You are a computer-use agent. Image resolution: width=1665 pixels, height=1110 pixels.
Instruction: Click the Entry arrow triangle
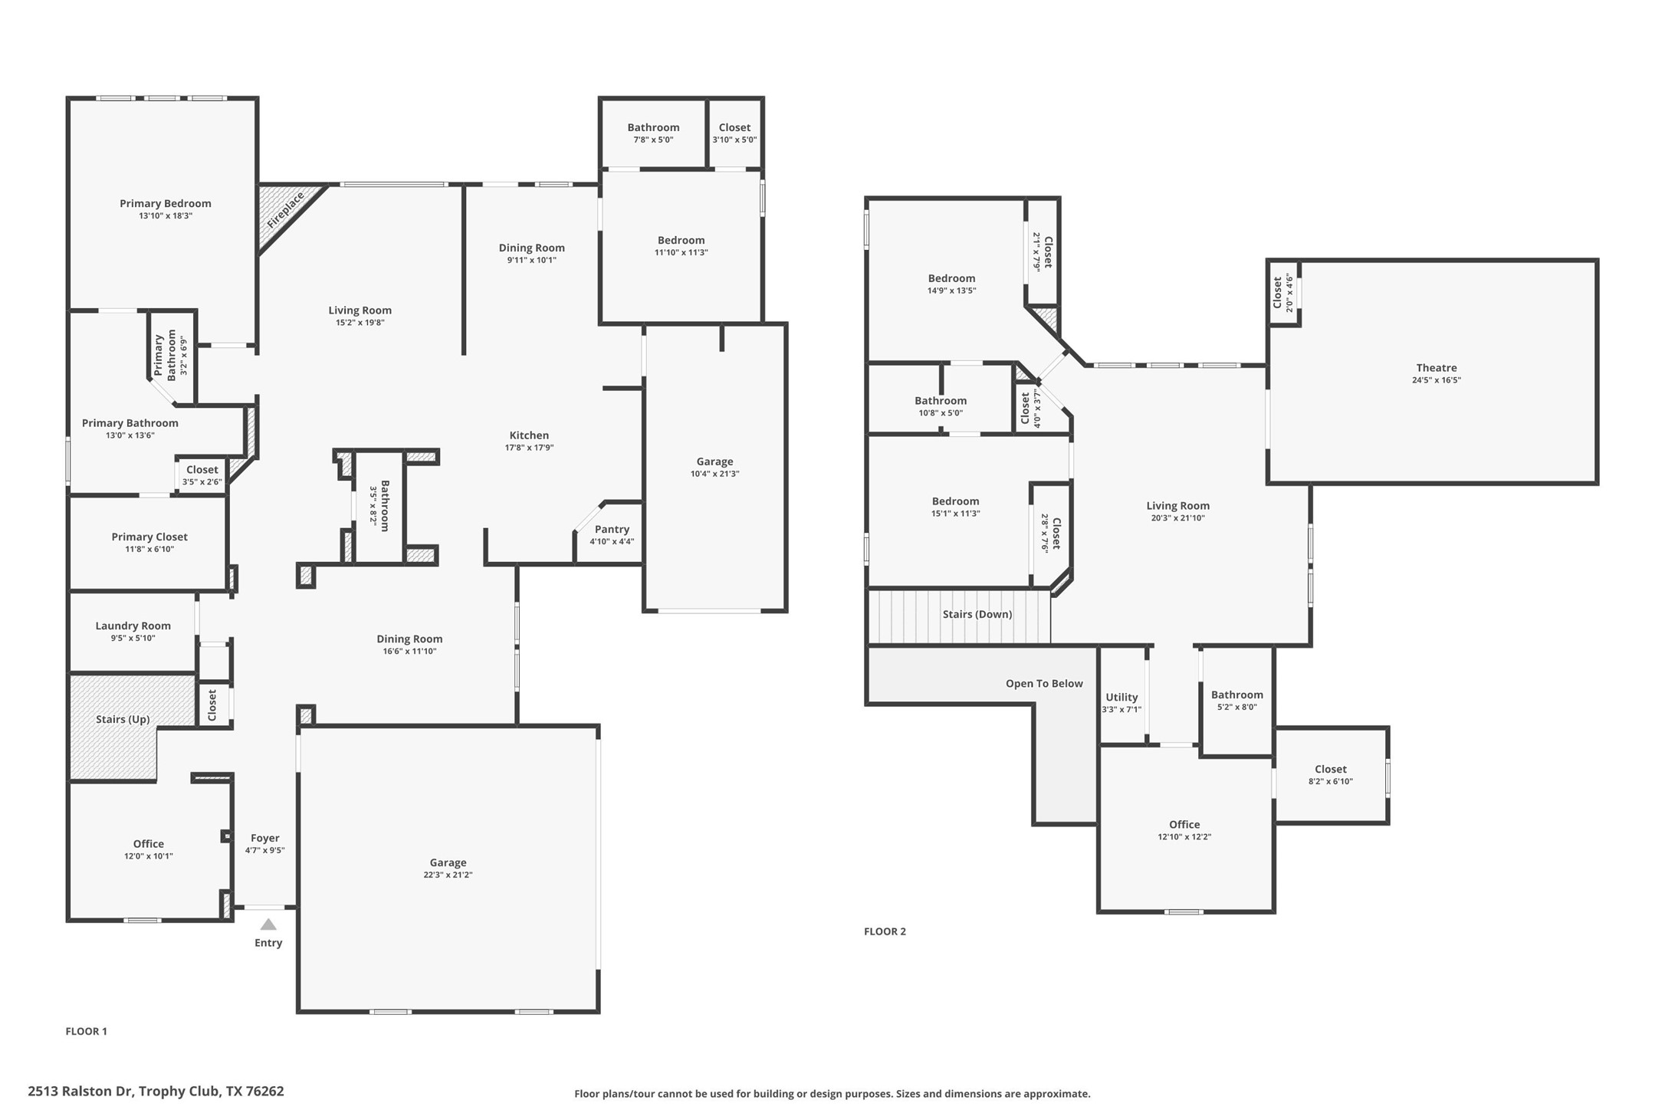[268, 924]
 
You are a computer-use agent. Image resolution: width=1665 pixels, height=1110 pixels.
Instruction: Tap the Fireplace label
[286, 210]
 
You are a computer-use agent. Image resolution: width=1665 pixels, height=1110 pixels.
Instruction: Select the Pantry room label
[612, 529]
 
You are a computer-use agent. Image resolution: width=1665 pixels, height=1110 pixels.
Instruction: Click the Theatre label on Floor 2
[1436, 368]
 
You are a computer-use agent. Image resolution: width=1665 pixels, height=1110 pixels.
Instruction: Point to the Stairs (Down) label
[977, 614]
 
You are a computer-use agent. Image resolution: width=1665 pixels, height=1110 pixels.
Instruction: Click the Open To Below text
[1044, 684]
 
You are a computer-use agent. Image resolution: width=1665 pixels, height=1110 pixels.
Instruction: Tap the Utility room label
[1121, 697]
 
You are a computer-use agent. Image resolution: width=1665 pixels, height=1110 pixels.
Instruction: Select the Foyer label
[265, 838]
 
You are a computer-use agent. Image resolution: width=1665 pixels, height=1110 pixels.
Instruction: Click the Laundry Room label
[133, 626]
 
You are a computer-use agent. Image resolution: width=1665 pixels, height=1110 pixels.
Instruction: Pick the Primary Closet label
[149, 537]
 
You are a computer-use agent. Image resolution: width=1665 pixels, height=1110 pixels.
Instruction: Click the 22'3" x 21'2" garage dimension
[448, 875]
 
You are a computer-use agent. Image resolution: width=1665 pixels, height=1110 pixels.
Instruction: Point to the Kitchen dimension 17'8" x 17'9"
[529, 448]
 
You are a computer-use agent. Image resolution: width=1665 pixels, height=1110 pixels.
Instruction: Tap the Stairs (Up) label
[123, 719]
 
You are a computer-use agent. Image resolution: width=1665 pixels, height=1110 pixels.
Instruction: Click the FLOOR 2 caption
[885, 931]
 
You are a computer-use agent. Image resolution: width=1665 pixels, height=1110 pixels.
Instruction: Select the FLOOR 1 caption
[86, 1031]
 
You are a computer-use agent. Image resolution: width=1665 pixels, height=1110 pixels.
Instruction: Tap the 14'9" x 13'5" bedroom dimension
[951, 291]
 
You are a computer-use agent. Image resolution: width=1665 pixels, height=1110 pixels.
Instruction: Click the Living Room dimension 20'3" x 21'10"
[1177, 518]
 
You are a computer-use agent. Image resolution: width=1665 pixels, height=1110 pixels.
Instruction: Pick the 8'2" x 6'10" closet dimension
[1330, 782]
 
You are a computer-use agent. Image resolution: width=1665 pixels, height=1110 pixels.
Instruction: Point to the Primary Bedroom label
[165, 203]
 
